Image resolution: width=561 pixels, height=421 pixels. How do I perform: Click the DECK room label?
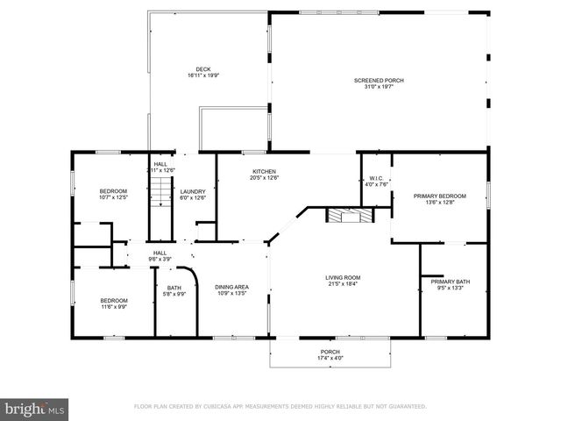202,69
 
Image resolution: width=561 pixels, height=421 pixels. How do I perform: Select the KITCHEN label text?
265,172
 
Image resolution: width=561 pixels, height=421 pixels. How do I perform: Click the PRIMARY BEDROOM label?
439,196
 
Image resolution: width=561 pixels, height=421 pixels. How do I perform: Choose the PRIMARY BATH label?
450,282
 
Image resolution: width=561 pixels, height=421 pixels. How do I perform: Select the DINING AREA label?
231,287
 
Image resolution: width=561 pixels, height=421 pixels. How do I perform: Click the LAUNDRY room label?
193,191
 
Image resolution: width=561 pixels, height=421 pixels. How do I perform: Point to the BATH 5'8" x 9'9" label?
174,290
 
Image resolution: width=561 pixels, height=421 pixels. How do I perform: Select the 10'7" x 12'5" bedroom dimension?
113,197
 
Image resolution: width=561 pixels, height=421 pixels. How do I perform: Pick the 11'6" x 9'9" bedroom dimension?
113,307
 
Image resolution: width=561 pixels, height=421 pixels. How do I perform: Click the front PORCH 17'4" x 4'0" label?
330,353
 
